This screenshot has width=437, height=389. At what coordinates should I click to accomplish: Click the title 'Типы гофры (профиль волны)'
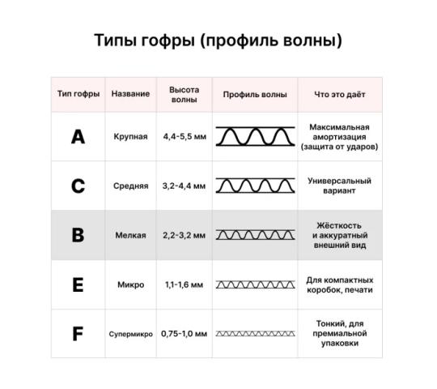[x=218, y=41]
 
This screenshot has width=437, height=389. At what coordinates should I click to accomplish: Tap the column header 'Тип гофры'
[x=78, y=94]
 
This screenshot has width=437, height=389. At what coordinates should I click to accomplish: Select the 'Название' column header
[x=130, y=93]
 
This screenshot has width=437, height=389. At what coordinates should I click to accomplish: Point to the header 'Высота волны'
[x=185, y=95]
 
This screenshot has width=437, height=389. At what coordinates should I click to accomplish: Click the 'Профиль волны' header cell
[x=255, y=95]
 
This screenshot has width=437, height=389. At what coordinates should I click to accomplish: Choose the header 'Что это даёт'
[x=340, y=95]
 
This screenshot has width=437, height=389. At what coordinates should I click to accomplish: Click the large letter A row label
[x=78, y=137]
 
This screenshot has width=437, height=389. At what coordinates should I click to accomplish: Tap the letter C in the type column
[x=78, y=186]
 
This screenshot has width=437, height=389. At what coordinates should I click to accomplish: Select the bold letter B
[x=78, y=235]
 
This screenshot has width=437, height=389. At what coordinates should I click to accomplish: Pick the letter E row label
[x=78, y=284]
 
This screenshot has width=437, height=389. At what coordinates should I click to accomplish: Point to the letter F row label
[x=78, y=334]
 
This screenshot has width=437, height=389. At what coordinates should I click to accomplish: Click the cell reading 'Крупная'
[x=130, y=137]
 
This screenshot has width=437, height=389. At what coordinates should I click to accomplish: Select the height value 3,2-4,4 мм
[x=184, y=186]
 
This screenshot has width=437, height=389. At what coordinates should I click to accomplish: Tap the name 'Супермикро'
[x=131, y=334]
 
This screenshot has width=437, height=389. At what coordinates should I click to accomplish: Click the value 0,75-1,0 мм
[x=184, y=333]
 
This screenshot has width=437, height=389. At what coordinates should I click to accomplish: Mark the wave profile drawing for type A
[x=255, y=136]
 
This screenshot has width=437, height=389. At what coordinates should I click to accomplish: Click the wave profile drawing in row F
[x=255, y=333]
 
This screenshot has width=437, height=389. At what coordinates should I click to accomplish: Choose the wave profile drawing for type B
[x=255, y=235]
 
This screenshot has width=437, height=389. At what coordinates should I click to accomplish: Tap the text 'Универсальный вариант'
[x=339, y=186]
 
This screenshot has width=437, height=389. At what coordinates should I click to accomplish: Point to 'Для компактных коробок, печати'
[x=340, y=285]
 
